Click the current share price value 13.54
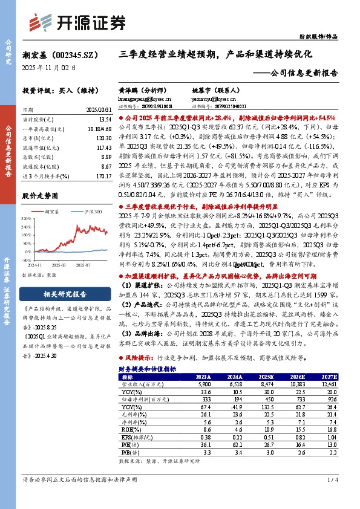tap(102, 120)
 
